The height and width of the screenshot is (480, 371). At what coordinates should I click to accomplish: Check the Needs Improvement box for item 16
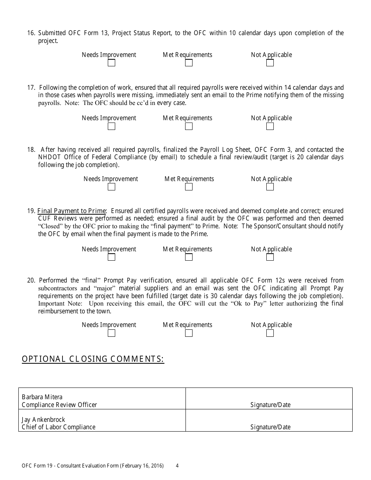(111, 63)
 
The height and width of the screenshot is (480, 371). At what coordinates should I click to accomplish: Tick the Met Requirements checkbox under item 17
(189, 126)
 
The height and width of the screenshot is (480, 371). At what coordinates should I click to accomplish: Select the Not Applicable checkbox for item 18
(270, 187)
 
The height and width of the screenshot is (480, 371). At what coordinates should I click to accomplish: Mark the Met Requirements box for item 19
(189, 257)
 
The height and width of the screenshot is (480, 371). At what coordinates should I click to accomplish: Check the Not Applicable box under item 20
(270, 333)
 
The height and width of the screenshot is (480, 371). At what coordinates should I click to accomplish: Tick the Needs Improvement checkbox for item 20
(111, 333)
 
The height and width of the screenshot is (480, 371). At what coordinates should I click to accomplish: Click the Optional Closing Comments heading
(93, 359)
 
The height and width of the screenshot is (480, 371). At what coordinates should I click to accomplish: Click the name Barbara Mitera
(42, 397)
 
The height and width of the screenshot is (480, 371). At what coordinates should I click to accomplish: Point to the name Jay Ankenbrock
(43, 420)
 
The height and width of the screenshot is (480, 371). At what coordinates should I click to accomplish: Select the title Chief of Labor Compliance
(58, 427)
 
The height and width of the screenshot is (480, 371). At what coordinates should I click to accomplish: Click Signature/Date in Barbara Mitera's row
(270, 405)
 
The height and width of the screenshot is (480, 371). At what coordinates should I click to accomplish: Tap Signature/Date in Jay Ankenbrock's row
(270, 427)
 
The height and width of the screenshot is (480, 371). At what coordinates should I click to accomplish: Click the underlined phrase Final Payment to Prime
(71, 211)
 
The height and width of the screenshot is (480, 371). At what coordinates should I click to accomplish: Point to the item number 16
(31, 33)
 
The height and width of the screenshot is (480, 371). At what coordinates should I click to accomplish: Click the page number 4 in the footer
(177, 466)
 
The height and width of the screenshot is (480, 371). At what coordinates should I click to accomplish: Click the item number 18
(31, 150)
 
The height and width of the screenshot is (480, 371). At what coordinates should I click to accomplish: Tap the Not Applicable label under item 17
(271, 118)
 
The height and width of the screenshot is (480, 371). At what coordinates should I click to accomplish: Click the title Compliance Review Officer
(59, 405)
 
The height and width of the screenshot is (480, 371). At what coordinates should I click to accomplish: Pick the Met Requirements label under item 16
(187, 55)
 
